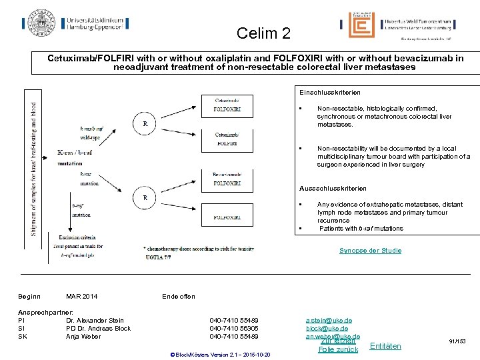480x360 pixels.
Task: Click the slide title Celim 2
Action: pos(263,33)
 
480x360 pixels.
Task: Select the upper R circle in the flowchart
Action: pos(145,123)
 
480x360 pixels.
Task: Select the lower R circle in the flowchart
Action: pos(145,197)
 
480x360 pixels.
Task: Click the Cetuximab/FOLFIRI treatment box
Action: pos(227,138)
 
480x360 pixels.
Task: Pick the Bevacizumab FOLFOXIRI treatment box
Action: pos(227,177)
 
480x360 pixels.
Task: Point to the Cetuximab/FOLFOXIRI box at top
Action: pos(227,105)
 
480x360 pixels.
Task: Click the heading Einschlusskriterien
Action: pos(330,92)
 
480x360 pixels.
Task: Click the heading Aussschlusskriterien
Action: pos(333,189)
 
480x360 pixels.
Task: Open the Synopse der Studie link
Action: pos(370,251)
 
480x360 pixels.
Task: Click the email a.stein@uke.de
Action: pos(327,321)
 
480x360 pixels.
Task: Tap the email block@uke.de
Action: pos(327,329)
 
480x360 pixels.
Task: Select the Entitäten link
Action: pos(385,346)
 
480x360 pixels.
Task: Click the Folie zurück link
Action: pos(338,349)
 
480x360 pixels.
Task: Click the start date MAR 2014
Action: pos(81,296)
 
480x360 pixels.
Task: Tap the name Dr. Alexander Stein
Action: pos(95,321)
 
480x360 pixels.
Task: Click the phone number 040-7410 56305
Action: pos(234,329)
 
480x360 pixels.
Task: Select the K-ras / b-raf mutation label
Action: pos(75,157)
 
